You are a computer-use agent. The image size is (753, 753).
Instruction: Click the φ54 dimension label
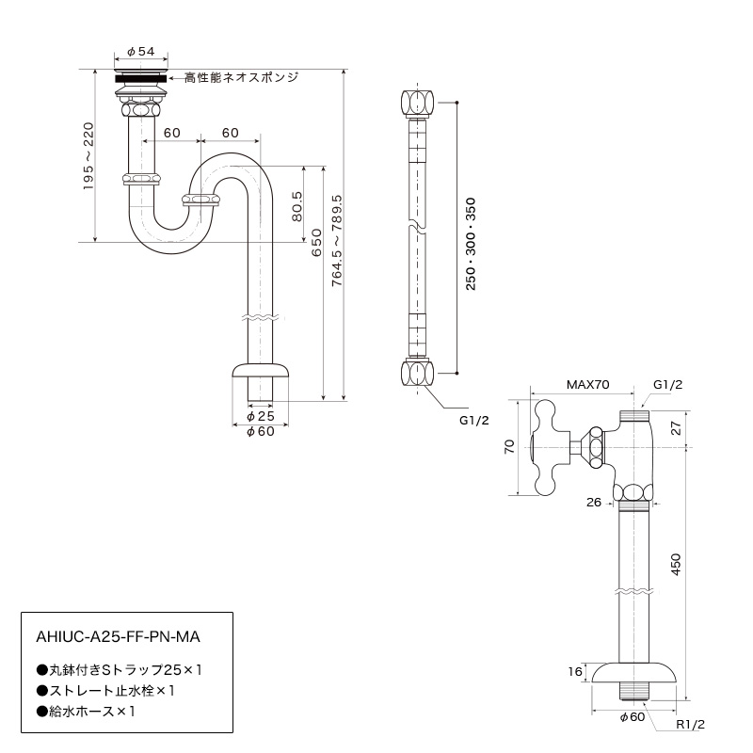(140, 52)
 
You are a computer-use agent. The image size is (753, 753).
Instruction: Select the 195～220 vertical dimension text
(88, 156)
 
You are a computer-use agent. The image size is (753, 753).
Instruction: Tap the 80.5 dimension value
(297, 206)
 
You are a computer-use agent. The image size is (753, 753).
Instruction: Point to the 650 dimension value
(316, 243)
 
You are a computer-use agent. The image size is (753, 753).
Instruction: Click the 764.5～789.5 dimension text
(337, 241)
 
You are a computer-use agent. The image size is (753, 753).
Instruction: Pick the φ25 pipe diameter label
(261, 416)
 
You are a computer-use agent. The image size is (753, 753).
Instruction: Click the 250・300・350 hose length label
(471, 244)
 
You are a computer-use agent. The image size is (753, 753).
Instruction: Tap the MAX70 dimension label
(587, 385)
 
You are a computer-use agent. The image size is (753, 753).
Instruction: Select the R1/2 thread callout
(691, 725)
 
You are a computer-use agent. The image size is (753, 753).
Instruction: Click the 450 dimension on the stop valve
(676, 565)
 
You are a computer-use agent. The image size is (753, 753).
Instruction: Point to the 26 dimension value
(594, 503)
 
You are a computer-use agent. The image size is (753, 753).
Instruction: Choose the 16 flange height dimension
(575, 671)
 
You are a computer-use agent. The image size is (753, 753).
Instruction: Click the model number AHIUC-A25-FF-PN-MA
(119, 637)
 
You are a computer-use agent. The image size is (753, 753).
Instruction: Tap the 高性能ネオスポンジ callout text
(242, 77)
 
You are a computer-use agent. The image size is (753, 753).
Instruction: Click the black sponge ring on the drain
(141, 78)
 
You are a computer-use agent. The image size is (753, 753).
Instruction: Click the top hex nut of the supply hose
(417, 102)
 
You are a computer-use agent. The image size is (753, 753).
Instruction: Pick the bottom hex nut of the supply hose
(417, 374)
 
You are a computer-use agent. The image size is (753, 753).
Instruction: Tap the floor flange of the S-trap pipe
(261, 371)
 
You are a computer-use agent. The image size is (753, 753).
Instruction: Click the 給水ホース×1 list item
(86, 712)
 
